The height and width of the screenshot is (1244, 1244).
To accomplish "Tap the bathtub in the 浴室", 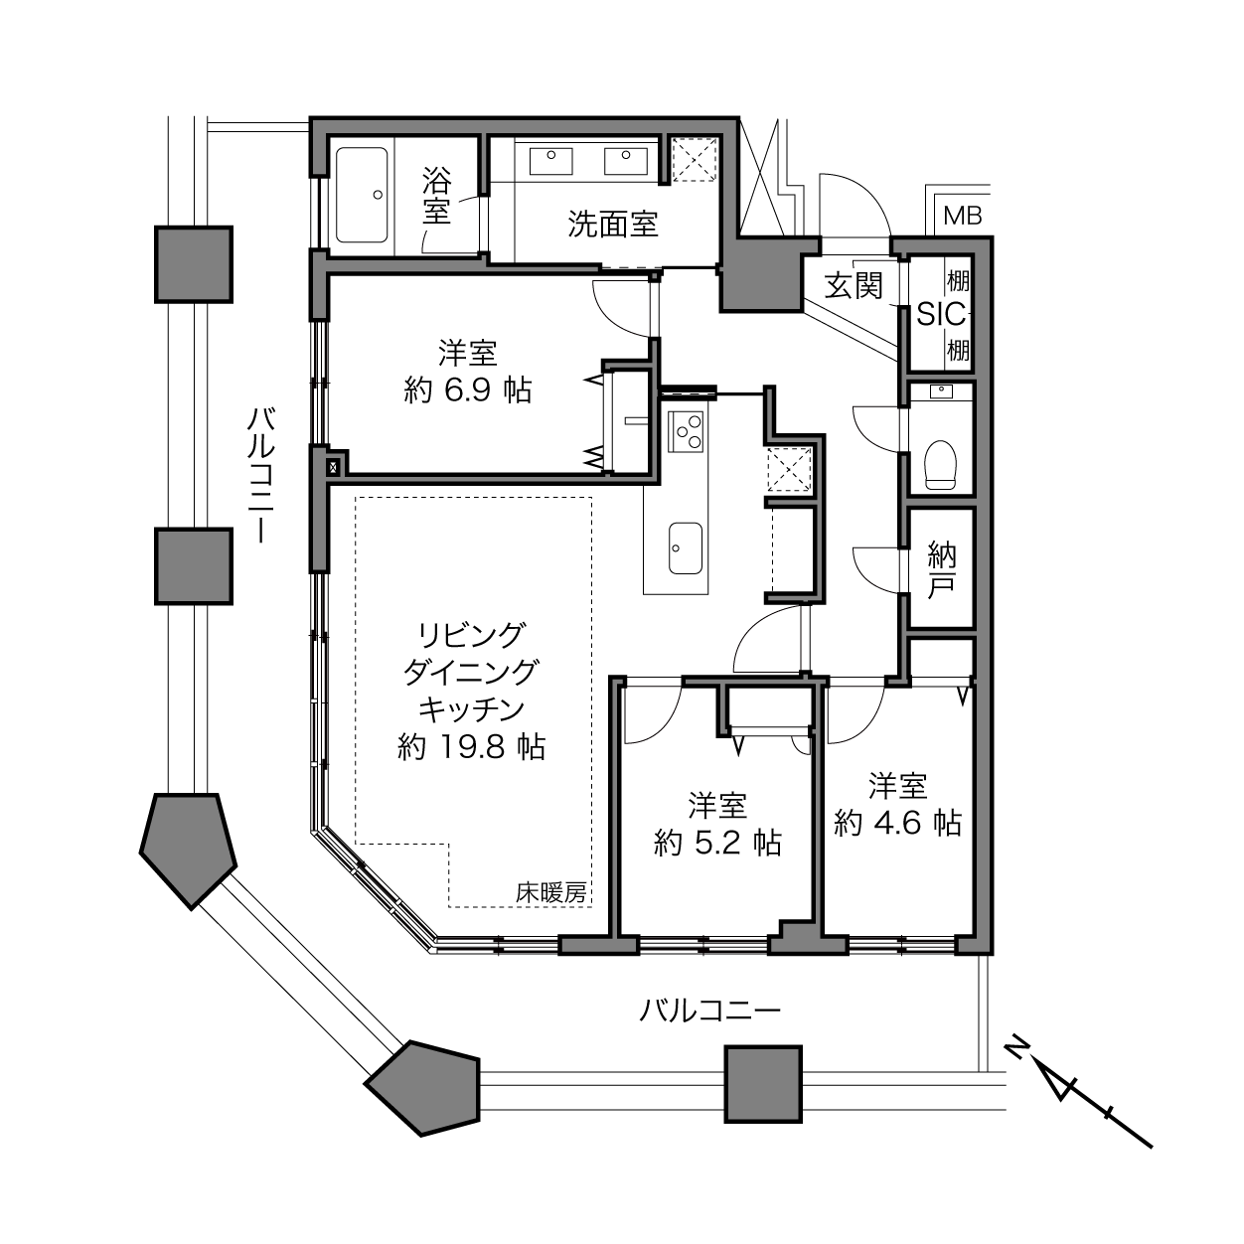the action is point(362,195).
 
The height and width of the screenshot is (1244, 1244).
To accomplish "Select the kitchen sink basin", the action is point(685,548).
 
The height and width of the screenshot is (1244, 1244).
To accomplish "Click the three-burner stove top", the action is point(686,430).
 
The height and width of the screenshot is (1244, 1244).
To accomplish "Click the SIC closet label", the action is point(941,314).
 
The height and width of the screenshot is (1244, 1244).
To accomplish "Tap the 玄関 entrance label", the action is point(854,285).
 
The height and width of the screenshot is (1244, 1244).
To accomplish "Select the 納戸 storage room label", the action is point(941,570).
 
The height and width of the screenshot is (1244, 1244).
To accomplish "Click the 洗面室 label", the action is point(613,224).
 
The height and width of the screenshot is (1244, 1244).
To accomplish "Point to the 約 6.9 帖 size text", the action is point(468,390).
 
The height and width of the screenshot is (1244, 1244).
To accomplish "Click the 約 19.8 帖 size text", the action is point(472,747).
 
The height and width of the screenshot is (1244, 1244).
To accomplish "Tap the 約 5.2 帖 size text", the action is point(717,843).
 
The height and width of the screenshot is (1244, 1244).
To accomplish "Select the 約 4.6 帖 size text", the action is point(898,823).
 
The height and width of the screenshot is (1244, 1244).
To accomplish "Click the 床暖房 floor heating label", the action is point(550,893).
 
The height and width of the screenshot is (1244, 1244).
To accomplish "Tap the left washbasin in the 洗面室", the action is point(550,161).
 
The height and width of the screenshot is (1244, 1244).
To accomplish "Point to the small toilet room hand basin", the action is point(941,390).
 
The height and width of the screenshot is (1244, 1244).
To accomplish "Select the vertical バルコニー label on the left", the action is point(261,475).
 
